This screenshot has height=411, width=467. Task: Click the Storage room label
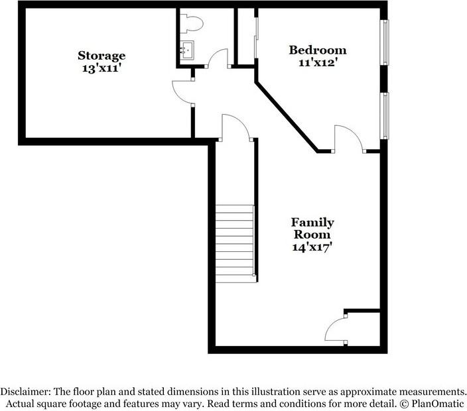coord(101,55)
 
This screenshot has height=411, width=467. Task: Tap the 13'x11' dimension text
coord(101,68)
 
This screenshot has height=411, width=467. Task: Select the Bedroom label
coord(317,50)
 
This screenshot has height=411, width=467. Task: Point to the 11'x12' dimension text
coord(317,63)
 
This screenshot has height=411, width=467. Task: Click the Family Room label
coord(312,228)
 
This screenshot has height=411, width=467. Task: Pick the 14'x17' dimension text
coord(312,247)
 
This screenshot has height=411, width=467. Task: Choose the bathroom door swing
coord(218,60)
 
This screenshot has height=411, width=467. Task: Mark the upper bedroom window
coord(384,42)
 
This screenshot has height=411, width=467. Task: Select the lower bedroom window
coord(384,115)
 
